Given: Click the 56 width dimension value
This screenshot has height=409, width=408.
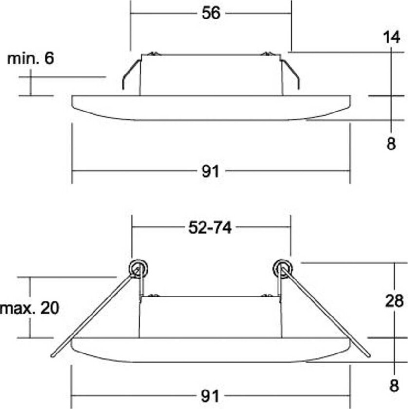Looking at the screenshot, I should [211, 13].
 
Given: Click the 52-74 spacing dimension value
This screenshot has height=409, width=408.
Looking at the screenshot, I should [210, 227].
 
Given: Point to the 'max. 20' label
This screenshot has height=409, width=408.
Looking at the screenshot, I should [30, 308].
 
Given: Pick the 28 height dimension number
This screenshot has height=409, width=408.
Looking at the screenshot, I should [393, 301].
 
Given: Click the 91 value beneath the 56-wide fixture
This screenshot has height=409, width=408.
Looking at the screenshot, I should [210, 171].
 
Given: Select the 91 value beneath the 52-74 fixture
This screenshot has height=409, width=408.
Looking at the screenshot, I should [210, 396].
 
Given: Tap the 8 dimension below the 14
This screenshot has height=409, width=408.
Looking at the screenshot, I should [391, 145].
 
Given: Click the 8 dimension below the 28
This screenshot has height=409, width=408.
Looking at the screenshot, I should [393, 386].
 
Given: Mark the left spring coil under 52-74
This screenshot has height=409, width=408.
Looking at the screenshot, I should [137, 267].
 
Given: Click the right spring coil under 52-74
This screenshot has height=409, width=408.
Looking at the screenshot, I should [282, 267].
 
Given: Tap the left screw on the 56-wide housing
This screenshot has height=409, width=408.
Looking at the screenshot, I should [153, 54].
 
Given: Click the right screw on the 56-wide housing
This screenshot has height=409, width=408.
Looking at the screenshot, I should [266, 54].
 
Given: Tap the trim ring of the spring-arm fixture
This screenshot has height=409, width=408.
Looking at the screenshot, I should [210, 350].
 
